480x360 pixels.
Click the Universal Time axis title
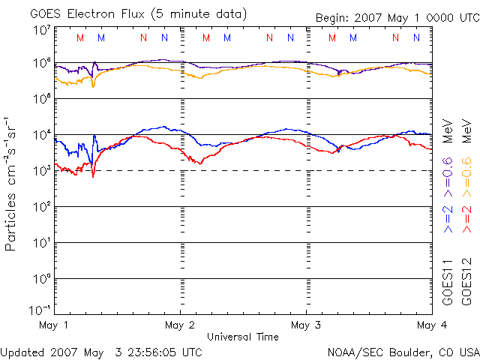point(243,337)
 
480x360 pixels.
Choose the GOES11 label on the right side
point(447,284)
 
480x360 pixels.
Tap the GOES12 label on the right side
point(465,284)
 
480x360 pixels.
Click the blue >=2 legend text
point(447,217)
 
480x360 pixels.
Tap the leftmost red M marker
point(80,37)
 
